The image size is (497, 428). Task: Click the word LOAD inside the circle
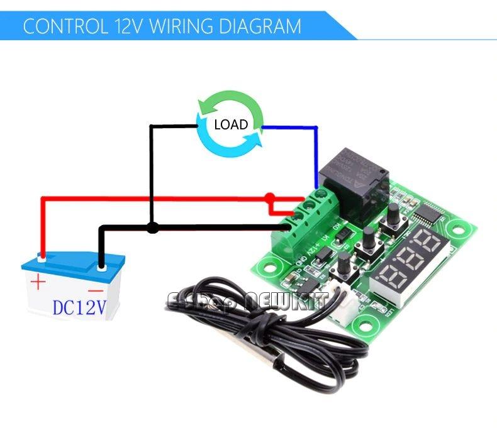pos(231,124)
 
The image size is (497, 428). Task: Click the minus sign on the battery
pos(96,291)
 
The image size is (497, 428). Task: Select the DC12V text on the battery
pos(79,307)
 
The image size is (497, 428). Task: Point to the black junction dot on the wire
pos(152,228)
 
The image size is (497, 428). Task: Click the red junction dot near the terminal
pos(271,198)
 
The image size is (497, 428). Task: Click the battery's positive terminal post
pos(42,256)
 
